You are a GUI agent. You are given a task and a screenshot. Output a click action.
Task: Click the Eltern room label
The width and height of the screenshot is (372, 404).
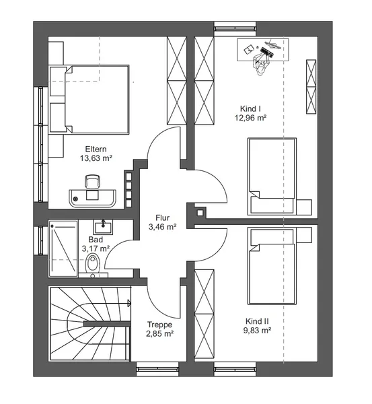[96, 149]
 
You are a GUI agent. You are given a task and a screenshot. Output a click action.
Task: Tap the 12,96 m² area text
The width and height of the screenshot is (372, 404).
[250, 118]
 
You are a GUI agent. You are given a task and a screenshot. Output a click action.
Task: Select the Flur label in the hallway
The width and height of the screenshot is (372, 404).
[162, 217]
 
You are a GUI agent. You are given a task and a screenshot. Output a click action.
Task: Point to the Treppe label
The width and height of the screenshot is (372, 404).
[159, 325]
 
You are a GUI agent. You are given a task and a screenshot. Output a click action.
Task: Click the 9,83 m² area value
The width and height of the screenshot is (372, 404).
[257, 331]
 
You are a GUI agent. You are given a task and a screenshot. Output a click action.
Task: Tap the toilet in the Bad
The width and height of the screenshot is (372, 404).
[93, 263]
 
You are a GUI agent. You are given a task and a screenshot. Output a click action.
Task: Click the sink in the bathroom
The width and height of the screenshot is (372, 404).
[103, 227]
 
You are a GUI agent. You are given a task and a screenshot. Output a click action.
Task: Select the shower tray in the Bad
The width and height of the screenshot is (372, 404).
[63, 248]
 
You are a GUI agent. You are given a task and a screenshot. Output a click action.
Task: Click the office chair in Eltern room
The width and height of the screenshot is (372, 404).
[92, 182]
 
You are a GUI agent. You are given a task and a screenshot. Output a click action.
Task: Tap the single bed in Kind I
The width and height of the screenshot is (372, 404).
[272, 176]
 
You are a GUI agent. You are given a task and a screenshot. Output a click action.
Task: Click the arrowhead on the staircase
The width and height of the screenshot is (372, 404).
[129, 303]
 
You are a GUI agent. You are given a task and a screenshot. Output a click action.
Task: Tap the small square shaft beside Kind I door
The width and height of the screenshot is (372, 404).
[200, 213]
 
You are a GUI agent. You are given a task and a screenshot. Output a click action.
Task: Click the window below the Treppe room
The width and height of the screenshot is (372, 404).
[157, 369]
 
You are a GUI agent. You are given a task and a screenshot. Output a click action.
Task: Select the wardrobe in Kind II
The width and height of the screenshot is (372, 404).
[204, 314]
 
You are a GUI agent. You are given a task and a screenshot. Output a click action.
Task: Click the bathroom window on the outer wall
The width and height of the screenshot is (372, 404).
[40, 240]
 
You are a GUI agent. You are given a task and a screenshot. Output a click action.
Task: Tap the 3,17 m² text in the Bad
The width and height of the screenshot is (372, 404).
[96, 248]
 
